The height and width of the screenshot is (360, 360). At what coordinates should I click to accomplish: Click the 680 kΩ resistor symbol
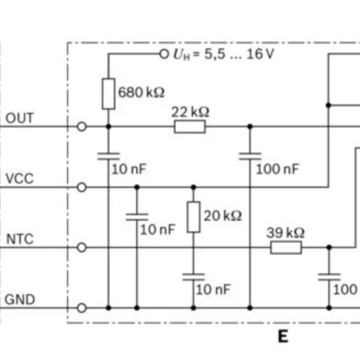pos(109,94)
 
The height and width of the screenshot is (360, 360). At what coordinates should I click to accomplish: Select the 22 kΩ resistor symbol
pos(190,127)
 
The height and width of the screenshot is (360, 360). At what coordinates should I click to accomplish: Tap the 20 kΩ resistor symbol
pos(194,217)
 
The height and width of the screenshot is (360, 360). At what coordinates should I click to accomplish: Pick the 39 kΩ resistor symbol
pos(286,248)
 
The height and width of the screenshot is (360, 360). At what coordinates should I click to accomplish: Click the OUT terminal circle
pos(81,127)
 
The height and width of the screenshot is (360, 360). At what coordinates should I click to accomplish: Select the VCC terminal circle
pos(81,187)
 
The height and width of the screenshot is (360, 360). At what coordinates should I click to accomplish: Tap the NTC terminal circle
pos(81,248)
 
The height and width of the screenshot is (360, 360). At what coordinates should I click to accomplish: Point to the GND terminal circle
pos(81,308)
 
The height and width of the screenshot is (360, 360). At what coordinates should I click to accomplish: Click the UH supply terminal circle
pos(164,54)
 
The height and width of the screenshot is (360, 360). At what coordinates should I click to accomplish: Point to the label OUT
pos(19,118)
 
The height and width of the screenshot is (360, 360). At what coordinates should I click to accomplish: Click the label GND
pos(20,300)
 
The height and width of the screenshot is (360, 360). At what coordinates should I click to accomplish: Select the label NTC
pos(20,239)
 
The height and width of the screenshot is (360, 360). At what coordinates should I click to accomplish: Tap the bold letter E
pos(283,336)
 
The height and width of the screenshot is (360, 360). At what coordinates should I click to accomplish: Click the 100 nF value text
pos(278,169)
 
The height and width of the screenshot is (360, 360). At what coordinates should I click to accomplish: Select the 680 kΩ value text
pos(141,92)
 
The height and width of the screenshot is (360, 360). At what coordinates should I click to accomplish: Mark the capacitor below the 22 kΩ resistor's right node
pos(250,156)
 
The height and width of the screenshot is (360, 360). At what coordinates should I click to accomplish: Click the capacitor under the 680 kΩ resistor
pos(109,156)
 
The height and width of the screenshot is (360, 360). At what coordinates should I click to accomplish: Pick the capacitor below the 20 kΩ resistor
pos(194,277)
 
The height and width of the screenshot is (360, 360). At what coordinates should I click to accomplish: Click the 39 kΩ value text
pos(286,233)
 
